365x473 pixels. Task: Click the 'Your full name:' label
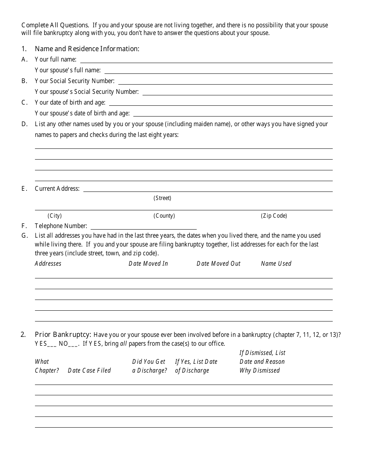[55, 60]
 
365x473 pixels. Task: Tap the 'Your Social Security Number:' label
[75, 81]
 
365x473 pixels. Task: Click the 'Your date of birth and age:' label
[70, 103]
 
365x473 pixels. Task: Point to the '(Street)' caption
[162, 198]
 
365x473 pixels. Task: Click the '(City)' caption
[55, 216]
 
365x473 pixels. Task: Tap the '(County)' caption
[164, 216]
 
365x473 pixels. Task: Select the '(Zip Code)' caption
[274, 216]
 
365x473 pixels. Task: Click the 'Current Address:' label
[57, 189]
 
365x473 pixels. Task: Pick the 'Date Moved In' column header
[148, 264]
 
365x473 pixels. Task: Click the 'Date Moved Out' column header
[218, 264]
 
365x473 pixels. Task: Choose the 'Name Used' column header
[276, 264]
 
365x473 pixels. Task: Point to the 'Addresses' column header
[48, 264]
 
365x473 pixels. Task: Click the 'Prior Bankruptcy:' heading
[63, 335]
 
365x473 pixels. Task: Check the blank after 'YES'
[52, 344]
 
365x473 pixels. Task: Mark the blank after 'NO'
[73, 344]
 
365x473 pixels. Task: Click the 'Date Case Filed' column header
[89, 371]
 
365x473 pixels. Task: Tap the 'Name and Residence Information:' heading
[87, 49]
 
